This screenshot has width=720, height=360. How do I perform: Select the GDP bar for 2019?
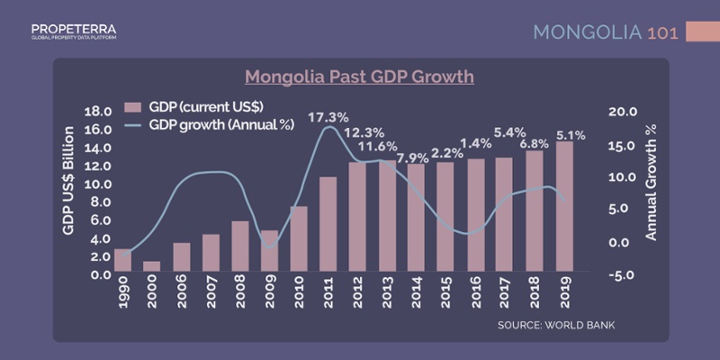pyautogui.click(x=564, y=207)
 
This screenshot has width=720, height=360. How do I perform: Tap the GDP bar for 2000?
pyautogui.click(x=152, y=266)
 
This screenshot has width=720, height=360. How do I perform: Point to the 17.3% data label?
pyautogui.click(x=328, y=118)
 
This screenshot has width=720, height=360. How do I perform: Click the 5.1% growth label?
pyautogui.click(x=571, y=136)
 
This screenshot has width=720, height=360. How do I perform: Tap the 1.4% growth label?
pyautogui.click(x=476, y=143)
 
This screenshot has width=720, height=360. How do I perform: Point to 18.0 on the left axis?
pyautogui.click(x=96, y=112)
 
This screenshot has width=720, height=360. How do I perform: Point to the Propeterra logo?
pyautogui.click(x=73, y=31)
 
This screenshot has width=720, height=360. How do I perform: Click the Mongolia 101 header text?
pyautogui.click(x=605, y=32)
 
